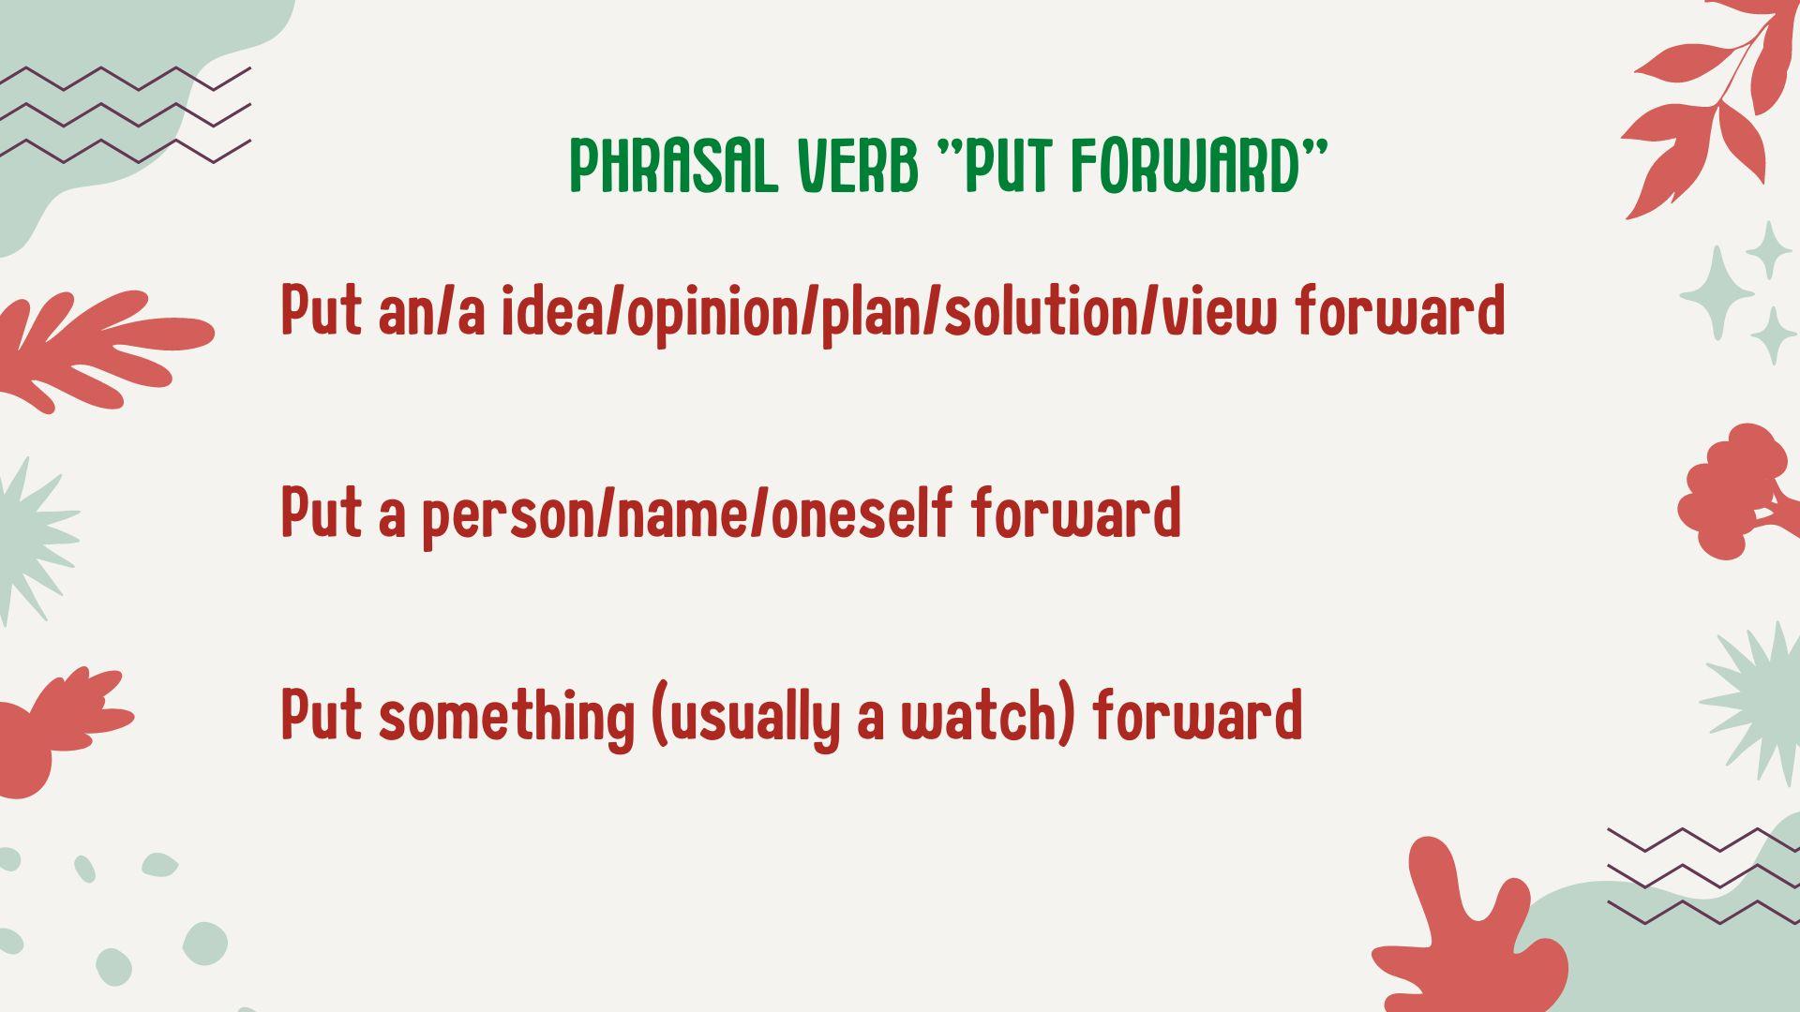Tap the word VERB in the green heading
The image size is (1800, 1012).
[857, 167]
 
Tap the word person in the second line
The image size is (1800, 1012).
[507, 515]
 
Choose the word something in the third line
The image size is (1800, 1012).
[506, 718]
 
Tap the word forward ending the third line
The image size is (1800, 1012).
[1197, 716]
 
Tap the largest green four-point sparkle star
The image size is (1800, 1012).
[1716, 293]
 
